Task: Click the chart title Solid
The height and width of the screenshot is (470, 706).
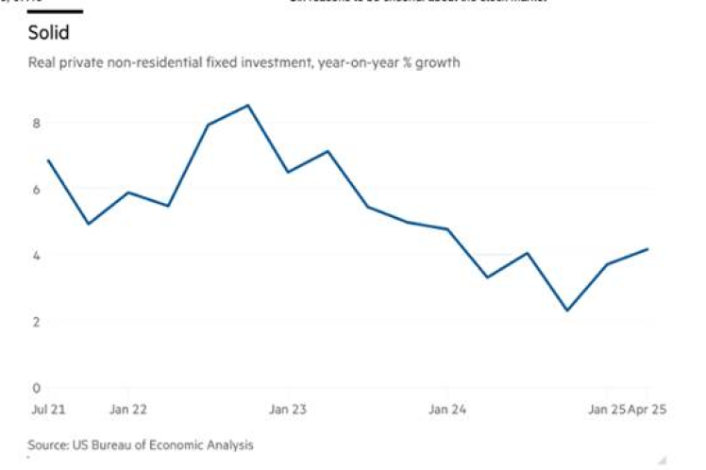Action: [47, 33]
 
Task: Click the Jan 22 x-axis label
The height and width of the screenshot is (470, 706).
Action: [127, 410]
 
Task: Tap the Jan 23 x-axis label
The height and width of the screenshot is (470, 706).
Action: [287, 410]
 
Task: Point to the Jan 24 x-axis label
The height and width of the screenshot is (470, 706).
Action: [447, 410]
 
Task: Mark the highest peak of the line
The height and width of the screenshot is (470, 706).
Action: [247, 105]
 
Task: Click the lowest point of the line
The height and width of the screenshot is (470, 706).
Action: [566, 311]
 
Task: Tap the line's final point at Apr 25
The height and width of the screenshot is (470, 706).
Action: [647, 249]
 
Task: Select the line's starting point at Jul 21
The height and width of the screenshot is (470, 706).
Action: [47, 160]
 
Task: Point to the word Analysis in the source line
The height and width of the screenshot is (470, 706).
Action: [230, 444]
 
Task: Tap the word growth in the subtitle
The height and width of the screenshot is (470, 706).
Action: [440, 63]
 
